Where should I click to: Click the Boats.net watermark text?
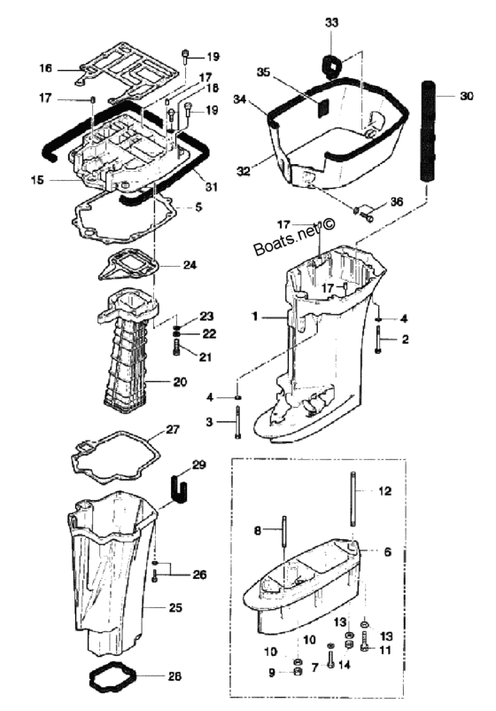(x=294, y=238)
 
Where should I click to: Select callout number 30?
(x=466, y=96)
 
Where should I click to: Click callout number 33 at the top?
(x=332, y=22)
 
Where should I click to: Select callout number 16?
(x=46, y=68)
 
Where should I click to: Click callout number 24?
(x=190, y=264)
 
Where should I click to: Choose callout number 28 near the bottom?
(x=174, y=676)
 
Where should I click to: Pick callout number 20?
(x=180, y=382)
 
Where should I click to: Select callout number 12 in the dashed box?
(x=384, y=490)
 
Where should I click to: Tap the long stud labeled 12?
(x=353, y=499)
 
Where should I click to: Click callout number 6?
(x=388, y=551)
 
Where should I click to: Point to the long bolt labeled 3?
(x=237, y=423)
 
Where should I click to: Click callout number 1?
(x=255, y=316)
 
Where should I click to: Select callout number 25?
(x=175, y=607)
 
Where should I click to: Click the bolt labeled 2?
(x=378, y=340)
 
